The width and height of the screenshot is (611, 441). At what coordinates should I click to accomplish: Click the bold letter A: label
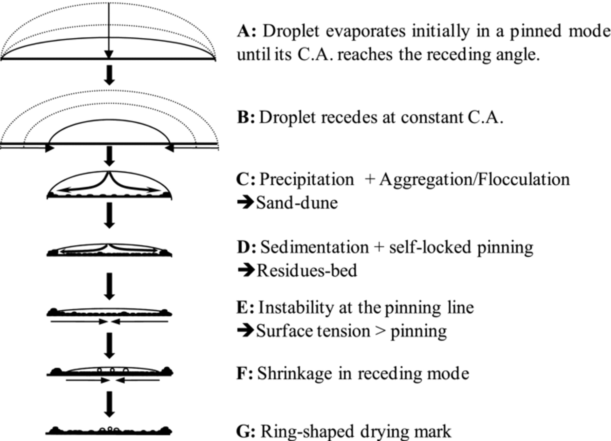pos(247,31)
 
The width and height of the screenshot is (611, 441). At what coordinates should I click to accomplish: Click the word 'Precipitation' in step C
pos(307,179)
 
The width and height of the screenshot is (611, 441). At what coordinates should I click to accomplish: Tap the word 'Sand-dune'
pos(297,203)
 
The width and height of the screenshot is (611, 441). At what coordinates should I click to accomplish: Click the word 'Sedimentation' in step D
pos(314,247)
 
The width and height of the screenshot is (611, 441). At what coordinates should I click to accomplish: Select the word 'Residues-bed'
pos(307,271)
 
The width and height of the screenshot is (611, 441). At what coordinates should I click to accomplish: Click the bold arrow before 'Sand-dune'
pos(245,202)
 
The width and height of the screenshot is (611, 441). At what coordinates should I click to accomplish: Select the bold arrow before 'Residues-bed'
pos(246,270)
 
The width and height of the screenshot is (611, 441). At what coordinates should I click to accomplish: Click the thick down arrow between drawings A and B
pos(109,75)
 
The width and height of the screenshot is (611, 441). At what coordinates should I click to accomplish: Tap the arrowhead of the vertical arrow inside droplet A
pos(109,55)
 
